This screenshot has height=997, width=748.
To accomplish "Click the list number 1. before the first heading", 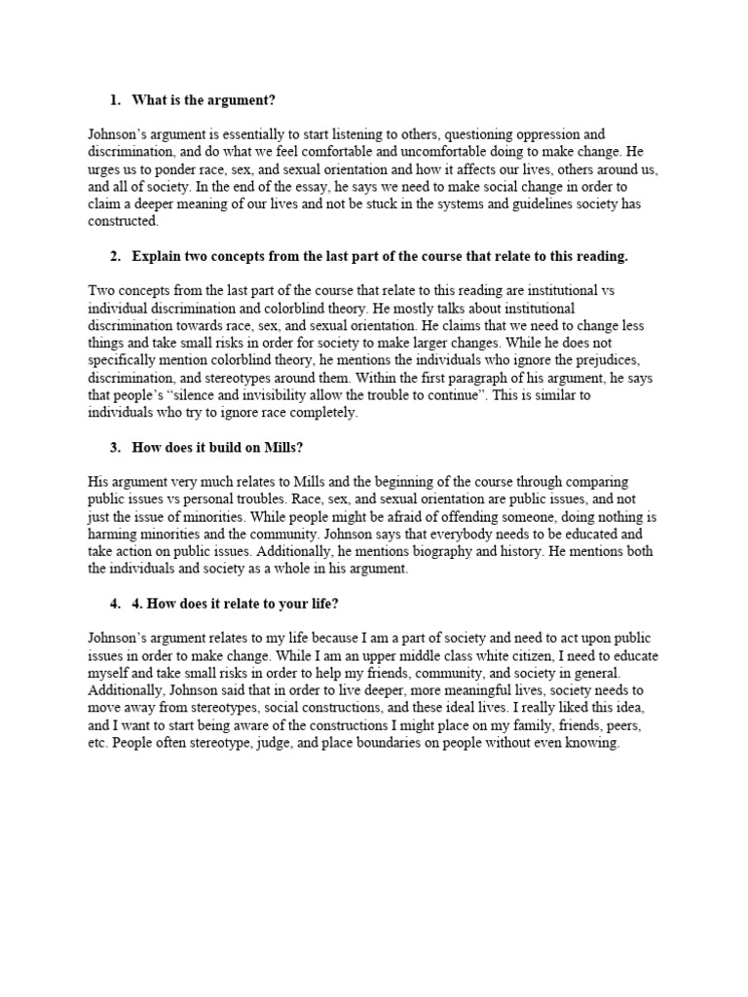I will tap(115, 100).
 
